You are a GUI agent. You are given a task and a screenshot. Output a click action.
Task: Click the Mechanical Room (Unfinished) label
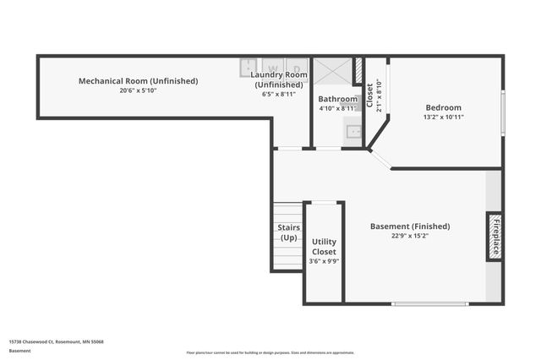(x=138, y=81)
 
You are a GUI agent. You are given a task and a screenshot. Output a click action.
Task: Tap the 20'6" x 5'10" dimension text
(x=138, y=90)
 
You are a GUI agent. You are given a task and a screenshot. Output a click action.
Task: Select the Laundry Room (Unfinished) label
(x=278, y=79)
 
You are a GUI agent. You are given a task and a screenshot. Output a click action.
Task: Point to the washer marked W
(x=272, y=67)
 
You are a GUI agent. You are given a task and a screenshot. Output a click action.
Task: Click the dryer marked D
(x=296, y=67)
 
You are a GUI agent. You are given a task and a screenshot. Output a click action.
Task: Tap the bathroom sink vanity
(x=352, y=132)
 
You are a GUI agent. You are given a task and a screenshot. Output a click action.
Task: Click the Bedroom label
(x=443, y=107)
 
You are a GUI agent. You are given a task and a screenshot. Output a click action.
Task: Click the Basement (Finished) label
(x=410, y=226)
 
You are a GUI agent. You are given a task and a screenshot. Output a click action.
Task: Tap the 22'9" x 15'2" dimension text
(x=410, y=237)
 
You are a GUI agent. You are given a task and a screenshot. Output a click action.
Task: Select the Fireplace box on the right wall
(x=495, y=236)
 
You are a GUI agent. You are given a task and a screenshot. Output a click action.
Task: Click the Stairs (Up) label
(x=289, y=232)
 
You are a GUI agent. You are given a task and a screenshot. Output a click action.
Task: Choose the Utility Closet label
(x=324, y=247)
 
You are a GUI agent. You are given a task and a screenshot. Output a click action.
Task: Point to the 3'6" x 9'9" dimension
(x=324, y=262)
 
